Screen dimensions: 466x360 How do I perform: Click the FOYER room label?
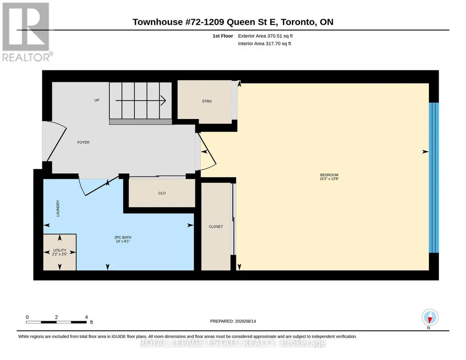83,142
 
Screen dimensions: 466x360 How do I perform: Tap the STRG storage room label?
207,101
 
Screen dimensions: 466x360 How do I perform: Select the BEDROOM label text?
329,175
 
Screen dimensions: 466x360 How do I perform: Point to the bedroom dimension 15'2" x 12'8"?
329,179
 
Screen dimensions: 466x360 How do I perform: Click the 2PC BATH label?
123,237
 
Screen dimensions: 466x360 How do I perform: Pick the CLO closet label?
162,193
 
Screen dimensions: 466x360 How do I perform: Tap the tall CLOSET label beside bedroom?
216,226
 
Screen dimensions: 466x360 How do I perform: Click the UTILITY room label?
60,250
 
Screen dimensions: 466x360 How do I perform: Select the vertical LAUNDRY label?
58,208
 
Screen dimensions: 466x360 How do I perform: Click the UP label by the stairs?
96,100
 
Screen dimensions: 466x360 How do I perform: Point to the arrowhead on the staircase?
163,100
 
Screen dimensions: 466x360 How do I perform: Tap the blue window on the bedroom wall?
434,178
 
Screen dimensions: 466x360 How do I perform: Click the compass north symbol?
430,318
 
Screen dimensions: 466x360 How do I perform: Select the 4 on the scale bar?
86,317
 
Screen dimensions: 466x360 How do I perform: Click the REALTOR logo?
27,32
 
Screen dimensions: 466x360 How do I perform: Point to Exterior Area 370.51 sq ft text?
265,36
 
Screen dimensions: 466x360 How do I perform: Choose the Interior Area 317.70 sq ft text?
265,44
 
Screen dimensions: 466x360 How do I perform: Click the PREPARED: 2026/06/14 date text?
233,321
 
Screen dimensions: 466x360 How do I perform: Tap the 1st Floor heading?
223,36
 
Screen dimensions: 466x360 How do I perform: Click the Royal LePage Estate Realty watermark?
233,343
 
